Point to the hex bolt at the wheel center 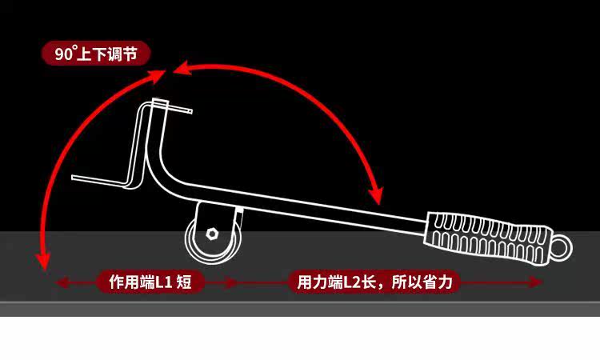(x=211, y=234)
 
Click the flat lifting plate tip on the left (x=96, y=178)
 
